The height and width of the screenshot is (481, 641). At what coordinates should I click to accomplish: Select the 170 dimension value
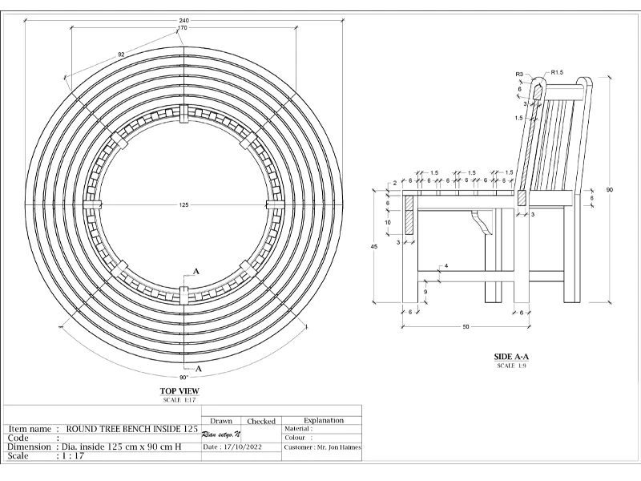pos(183,29)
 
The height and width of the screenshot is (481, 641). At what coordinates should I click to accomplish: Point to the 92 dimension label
pos(121,55)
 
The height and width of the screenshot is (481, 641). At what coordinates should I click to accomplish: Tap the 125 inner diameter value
pos(183,205)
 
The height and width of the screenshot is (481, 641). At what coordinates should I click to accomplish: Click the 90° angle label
pos(183,377)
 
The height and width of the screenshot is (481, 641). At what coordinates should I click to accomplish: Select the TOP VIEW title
pos(179,392)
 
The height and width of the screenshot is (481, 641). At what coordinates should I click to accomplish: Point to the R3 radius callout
pos(519,74)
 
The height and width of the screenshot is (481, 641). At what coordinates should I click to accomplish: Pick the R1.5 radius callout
pos(557,73)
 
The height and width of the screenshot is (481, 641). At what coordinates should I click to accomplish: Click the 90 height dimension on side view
pos(610,190)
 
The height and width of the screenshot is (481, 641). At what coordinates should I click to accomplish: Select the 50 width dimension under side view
pos(465,327)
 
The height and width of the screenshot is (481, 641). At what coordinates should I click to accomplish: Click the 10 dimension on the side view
pos(387,222)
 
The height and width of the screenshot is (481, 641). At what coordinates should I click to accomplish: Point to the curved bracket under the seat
pos(482,220)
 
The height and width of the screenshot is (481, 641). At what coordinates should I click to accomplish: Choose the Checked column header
pos(261,421)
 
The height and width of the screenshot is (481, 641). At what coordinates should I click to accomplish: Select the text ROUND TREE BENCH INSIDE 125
pos(131,429)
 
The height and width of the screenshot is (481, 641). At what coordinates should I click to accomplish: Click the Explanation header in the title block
pos(324,420)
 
